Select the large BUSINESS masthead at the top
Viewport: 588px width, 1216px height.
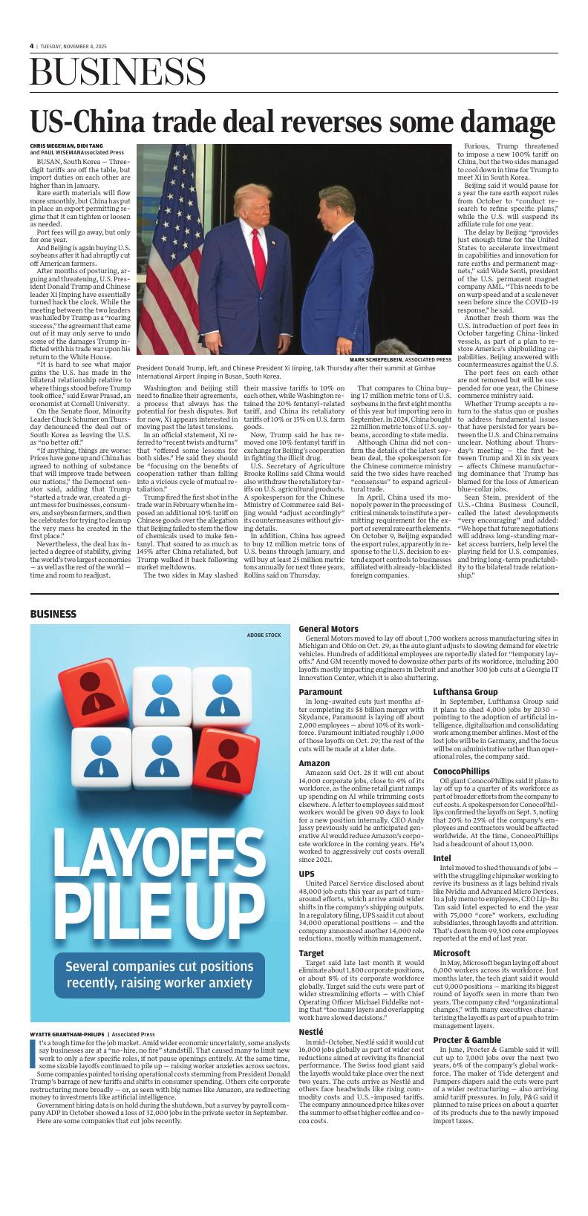[118, 73]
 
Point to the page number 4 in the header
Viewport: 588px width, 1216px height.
[32, 45]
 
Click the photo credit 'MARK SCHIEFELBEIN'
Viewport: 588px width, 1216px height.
[380, 359]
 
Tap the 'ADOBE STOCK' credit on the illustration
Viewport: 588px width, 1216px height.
[264, 635]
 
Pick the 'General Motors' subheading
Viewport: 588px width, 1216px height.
[328, 629]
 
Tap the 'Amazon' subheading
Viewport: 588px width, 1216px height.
[314, 762]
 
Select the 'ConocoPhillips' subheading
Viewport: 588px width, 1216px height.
[461, 771]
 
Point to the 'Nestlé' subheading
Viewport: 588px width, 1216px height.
[311, 1031]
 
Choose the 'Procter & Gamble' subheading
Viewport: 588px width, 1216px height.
[468, 1039]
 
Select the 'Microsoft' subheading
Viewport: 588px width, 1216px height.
[451, 952]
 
